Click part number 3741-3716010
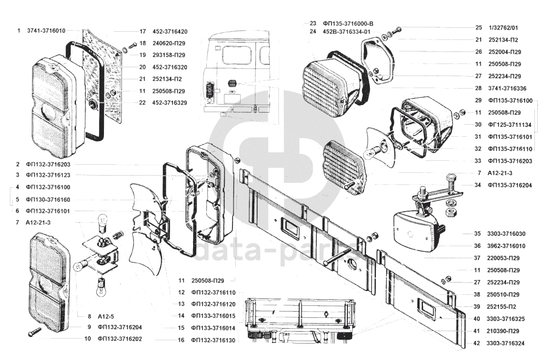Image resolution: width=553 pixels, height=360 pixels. pos(46,31)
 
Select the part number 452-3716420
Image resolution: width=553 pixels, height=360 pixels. pos(170,31)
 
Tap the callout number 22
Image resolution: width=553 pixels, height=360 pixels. pos(142,103)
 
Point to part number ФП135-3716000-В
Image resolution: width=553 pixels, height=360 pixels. pos(348,24)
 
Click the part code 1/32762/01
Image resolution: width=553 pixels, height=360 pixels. pos(503,27)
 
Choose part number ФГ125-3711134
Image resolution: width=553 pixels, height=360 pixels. pos(510,124)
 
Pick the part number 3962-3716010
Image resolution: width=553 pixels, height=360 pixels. pos(506,246)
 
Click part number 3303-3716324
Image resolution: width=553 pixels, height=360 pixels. pos(505,343)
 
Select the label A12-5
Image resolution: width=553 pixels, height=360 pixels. pos(106,316)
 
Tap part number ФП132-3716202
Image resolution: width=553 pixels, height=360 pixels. pos(120,339)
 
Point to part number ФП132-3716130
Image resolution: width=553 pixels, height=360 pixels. pos(213,340)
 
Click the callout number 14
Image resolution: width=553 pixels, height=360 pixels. pos(181,316)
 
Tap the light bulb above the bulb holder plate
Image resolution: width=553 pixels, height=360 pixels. pos(102,223)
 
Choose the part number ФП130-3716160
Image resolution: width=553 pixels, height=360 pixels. pos(48,200)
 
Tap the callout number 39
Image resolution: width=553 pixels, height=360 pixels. pos(477,306)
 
